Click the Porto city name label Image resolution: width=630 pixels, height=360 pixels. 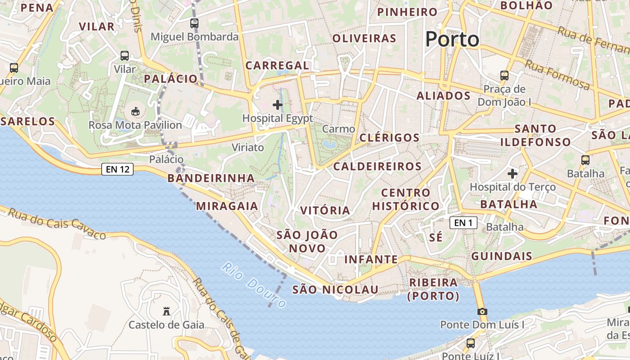452,39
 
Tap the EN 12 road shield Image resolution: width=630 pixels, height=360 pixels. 117,169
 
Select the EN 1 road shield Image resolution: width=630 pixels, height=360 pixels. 463,222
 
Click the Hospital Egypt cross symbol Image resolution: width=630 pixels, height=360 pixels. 278,105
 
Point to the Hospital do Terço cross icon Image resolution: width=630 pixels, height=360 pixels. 512,173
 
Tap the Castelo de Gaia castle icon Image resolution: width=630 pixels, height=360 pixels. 166,311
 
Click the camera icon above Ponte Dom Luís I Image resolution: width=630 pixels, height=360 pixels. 482,311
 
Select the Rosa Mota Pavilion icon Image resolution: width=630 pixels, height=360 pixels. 135,111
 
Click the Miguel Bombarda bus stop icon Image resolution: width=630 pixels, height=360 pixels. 194,23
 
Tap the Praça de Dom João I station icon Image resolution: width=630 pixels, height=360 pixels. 504,75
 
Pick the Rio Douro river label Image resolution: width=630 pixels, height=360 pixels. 254,285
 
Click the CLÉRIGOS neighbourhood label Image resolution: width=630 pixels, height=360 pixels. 389,138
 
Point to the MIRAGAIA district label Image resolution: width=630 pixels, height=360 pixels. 227,206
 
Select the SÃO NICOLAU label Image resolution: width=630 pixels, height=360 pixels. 335,289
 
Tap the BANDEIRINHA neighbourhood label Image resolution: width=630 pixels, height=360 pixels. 211,178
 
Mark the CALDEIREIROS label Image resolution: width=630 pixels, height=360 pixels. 377,166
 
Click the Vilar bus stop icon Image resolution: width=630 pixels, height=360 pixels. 125,56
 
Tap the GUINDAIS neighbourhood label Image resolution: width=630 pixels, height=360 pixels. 501,256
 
